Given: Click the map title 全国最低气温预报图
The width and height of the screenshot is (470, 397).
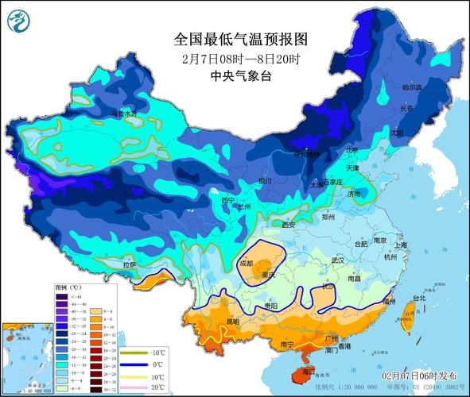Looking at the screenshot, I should (240, 39).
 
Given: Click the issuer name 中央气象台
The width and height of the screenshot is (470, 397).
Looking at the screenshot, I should (240, 76).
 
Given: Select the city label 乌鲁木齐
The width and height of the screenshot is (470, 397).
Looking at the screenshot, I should (123, 114).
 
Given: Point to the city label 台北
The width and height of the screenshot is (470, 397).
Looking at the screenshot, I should (414, 299).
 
